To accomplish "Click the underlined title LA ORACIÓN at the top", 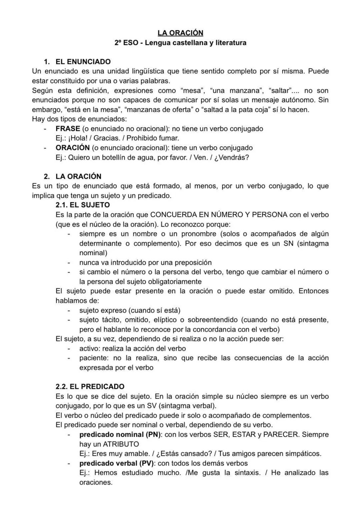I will tap(180, 33).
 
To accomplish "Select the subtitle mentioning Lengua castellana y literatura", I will tap(180, 43).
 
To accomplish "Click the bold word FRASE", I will tap(68, 129).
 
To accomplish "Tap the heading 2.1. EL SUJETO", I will tap(83, 205).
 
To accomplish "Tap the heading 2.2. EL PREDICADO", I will tap(90, 386).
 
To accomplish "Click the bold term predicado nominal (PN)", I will tap(120, 434).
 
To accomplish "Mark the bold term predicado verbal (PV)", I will tap(117, 463).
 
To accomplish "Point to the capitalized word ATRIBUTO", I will tap(121, 444).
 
